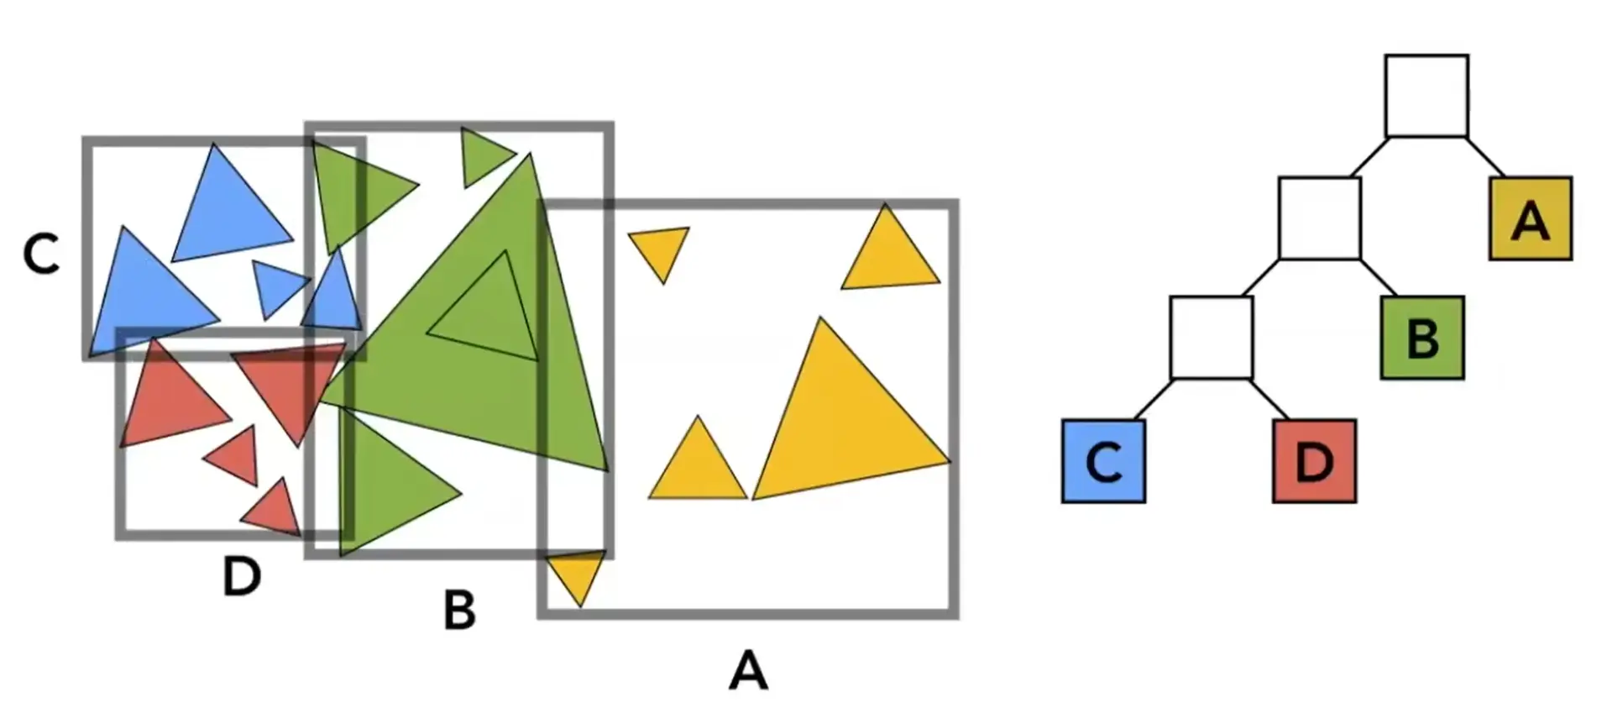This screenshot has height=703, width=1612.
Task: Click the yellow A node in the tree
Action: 1530,218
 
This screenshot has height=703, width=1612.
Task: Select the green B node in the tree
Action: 1422,338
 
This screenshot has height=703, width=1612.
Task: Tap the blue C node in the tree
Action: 1103,461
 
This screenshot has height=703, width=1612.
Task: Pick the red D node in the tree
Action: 1314,461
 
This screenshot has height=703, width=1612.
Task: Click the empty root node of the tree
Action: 1426,96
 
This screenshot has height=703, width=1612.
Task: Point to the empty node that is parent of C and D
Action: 1211,338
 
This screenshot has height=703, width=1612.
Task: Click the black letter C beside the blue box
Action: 41,254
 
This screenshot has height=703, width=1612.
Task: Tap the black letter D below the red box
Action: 242,577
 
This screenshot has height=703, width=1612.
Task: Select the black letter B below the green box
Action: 459,610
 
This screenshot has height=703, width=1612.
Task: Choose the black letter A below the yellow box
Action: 748,670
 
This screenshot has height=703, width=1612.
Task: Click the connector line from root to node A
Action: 1485,156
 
